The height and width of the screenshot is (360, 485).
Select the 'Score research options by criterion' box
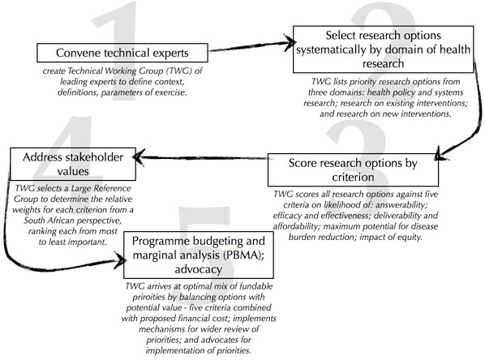tap(352, 170)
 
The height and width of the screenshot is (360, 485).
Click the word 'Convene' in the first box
tap(75, 54)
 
